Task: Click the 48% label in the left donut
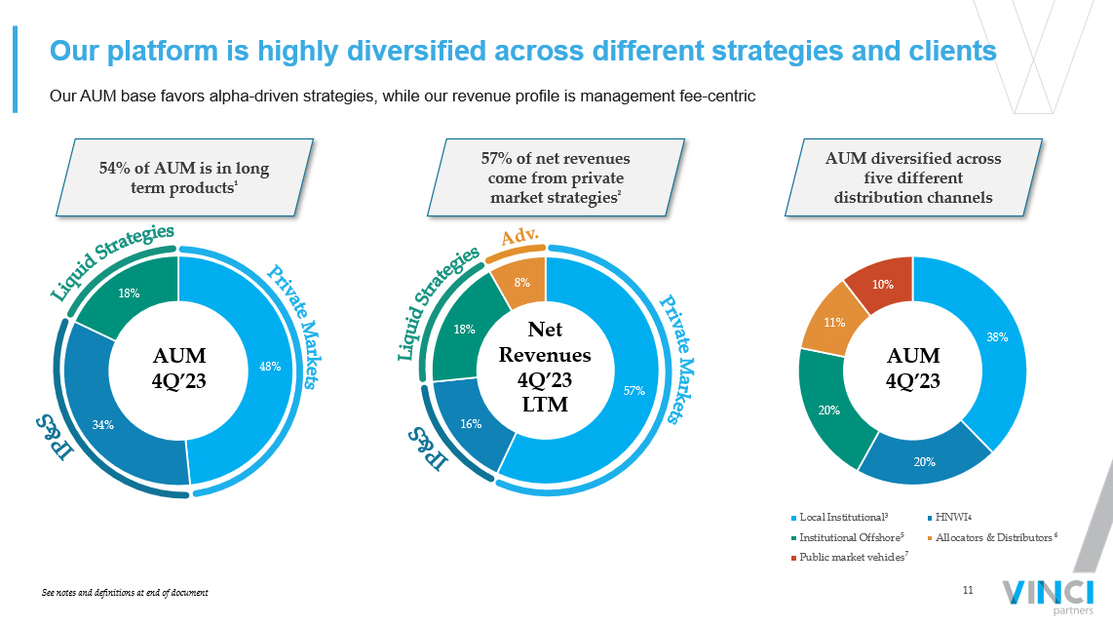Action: click(x=270, y=367)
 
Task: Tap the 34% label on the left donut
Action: click(x=103, y=425)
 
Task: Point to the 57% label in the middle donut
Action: click(x=633, y=391)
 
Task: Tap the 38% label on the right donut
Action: click(x=997, y=336)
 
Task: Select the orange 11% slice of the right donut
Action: click(x=834, y=321)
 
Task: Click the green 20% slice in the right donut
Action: click(x=832, y=409)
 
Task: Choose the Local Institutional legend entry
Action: click(x=840, y=517)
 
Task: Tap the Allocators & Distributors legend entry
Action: click(x=992, y=537)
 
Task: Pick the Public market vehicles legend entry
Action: click(x=850, y=558)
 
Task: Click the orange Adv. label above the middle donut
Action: click(x=520, y=236)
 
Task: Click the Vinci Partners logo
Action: click(x=1049, y=597)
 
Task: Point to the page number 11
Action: click(x=968, y=590)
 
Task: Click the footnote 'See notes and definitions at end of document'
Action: click(x=125, y=592)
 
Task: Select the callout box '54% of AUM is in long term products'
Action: click(x=184, y=177)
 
